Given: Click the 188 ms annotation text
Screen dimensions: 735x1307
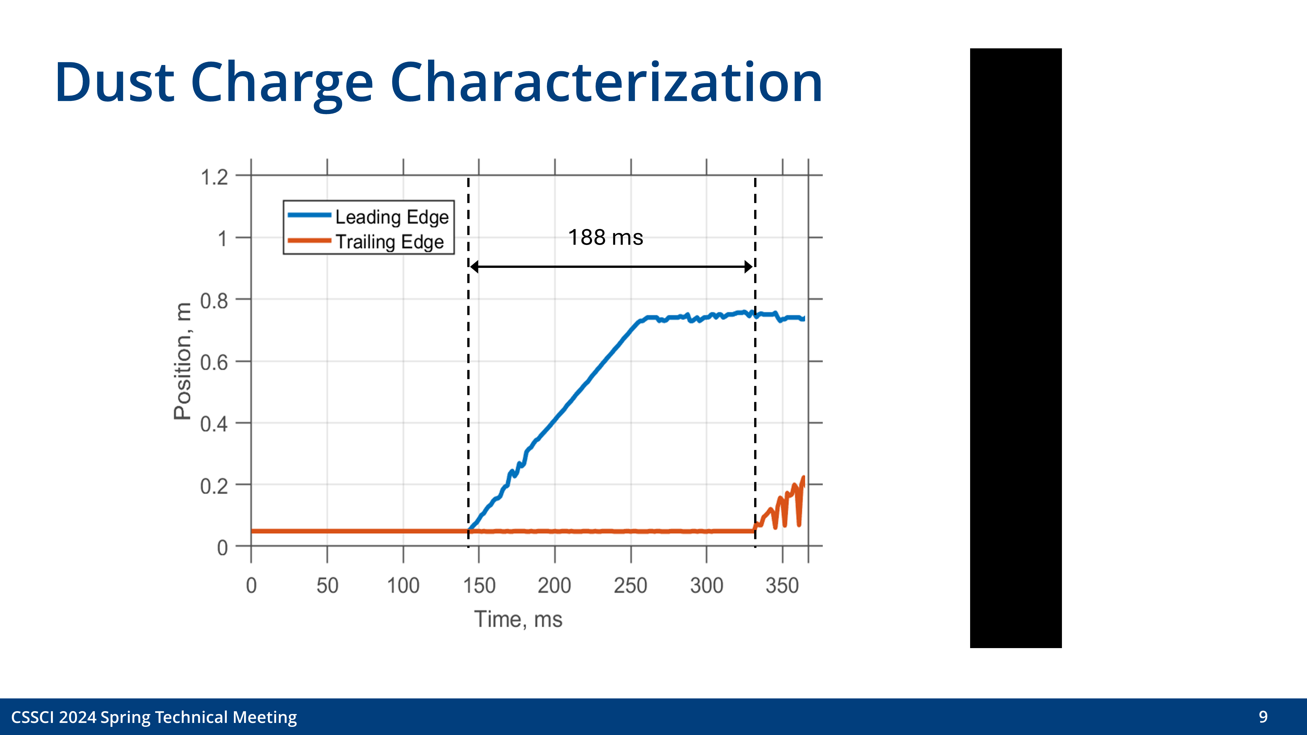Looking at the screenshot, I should [x=605, y=237].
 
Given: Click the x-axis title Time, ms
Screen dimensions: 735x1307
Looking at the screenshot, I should [x=518, y=619].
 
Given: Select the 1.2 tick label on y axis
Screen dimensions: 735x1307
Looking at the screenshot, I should [x=215, y=177].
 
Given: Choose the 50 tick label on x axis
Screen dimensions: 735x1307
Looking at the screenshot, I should [x=327, y=586].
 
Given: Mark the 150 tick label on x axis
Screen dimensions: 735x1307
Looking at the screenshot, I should [x=479, y=586].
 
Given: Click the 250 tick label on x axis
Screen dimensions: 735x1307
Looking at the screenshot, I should [x=630, y=586].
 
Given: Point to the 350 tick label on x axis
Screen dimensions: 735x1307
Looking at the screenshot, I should [x=782, y=586].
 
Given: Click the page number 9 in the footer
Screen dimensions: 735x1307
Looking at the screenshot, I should [x=1263, y=717].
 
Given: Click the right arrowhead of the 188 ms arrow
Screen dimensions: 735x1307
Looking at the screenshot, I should [x=748, y=267].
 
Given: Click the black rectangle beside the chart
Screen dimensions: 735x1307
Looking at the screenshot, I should [x=1015, y=348].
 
